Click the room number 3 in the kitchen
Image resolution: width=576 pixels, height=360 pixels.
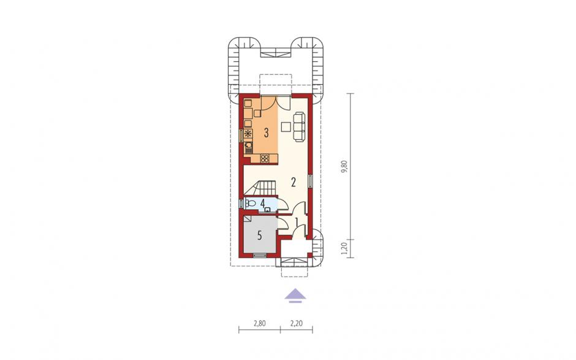pos(267,132)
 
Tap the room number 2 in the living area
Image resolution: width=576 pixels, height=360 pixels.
pos(293,182)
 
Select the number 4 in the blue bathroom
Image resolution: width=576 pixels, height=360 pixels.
pos(262,202)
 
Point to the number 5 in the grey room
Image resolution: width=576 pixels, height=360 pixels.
pos(259,236)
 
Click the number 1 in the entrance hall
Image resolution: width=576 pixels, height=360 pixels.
pos(297,223)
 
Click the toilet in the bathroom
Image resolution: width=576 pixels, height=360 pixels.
pos(251,203)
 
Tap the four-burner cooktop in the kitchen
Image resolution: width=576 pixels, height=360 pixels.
pos(265,158)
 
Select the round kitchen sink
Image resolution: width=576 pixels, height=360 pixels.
pos(249,145)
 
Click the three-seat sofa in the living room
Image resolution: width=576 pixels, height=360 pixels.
pos(299,127)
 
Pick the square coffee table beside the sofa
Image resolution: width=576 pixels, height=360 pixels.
pos(286,127)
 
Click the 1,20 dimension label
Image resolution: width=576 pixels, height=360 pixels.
pos(344,248)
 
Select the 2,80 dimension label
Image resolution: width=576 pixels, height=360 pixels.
pos(259,324)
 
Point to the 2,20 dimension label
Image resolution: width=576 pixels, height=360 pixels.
pos(297,324)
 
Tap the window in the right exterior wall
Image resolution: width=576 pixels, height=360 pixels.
pos(311,180)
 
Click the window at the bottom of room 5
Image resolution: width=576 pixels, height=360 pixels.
pos(260,255)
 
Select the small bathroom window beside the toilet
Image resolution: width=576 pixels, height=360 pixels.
pos(241,204)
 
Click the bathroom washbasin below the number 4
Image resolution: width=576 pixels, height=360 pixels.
pos(267,210)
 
